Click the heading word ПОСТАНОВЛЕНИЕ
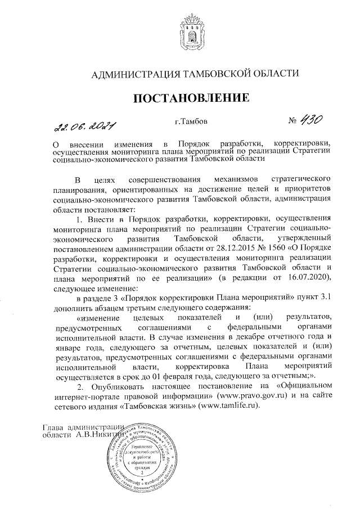(190, 99)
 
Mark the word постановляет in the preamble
(104, 209)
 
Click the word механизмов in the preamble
(219, 179)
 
